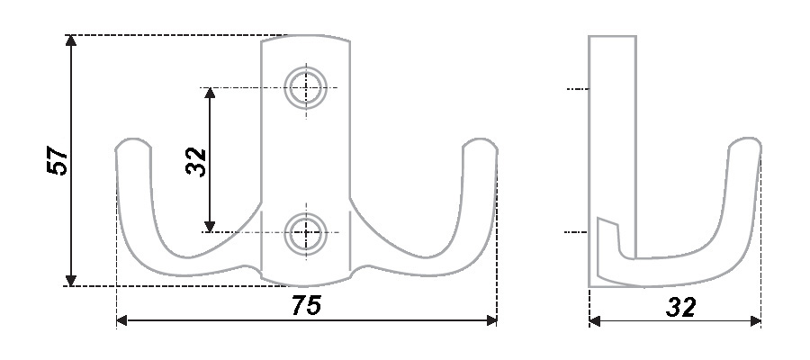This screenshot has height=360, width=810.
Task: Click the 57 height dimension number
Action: pos(58,160)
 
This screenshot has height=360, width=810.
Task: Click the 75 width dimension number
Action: pos(306,305)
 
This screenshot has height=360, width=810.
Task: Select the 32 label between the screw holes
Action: pos(196,162)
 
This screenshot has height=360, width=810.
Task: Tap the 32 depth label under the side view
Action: pos(681,307)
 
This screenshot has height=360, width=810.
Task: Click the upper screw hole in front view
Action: pos(305,87)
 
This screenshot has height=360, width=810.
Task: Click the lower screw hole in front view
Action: pos(305,232)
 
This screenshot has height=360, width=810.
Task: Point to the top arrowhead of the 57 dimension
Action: pos(71,40)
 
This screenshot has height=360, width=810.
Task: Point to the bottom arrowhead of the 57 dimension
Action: pos(71,280)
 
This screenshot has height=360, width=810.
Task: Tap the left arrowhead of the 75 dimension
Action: pos(122,320)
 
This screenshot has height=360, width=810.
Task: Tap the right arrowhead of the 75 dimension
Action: pos(491,320)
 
